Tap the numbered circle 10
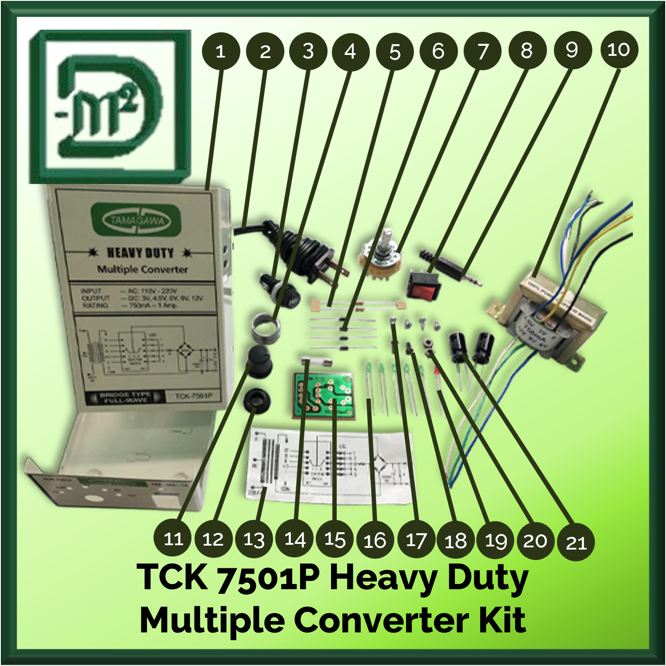point(619,49)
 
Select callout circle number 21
point(576,542)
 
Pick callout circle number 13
point(254,540)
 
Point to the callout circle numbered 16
point(375,540)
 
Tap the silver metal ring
point(266,330)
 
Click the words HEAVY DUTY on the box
point(140,253)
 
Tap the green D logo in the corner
point(110,107)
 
